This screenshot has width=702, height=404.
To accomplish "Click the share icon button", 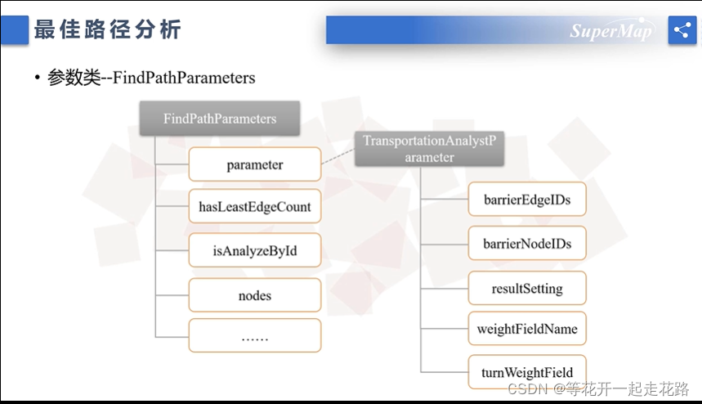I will click(682, 30).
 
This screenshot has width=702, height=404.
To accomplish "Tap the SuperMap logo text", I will click(610, 31).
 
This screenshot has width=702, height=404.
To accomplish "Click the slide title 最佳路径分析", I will click(107, 31).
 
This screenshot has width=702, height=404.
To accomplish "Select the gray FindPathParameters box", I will click(220, 119).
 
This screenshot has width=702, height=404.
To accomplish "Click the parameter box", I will click(254, 164).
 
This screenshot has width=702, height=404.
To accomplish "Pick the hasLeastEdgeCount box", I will click(254, 207).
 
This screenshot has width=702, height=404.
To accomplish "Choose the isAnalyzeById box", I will click(254, 250).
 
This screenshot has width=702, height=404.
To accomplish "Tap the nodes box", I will click(254, 295).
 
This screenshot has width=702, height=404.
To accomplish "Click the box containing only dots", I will click(254, 336).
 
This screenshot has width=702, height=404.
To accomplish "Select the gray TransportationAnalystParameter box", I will click(429, 149).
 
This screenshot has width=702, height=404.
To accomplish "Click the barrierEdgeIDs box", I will click(527, 200).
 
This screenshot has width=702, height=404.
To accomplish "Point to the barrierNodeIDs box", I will click(527, 244).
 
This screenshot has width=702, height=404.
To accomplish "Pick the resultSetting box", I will click(527, 289).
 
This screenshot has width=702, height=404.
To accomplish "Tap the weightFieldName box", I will click(527, 329).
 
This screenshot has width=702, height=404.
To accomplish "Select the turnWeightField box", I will click(527, 373).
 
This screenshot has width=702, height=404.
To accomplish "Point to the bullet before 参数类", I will click(37, 79).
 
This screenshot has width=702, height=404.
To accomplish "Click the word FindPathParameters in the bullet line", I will click(184, 79).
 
